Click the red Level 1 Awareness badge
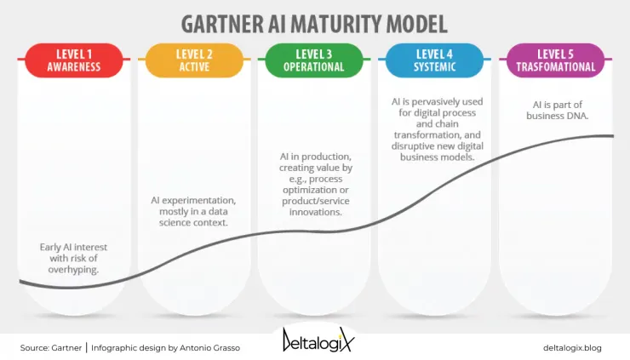coord(74,59)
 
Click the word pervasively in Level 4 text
coord(438,101)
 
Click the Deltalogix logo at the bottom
coord(317,340)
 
